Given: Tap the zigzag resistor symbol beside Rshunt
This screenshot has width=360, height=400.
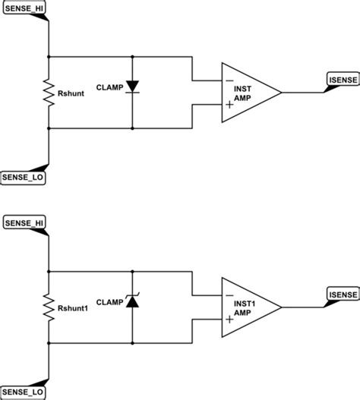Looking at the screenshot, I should click(x=49, y=93).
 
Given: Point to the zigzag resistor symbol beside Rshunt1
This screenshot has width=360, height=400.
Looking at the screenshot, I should click(x=49, y=305).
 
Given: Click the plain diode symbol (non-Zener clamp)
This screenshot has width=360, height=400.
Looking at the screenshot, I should click(x=132, y=87).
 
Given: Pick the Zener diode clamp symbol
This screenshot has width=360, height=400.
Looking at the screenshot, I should click(x=132, y=301).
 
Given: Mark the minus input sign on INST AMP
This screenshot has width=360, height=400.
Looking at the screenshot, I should click(x=228, y=80).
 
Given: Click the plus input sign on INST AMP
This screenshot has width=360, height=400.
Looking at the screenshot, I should click(x=228, y=106).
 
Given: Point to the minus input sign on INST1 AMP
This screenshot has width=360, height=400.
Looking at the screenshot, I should click(x=228, y=294).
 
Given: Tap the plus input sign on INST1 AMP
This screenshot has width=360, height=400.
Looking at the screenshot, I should click(x=228, y=320).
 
